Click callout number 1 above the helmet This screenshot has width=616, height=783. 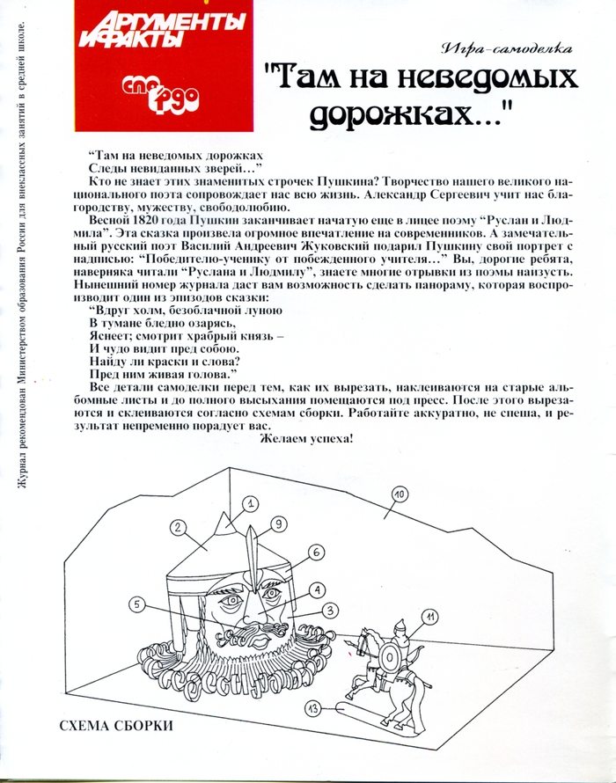click(251, 503)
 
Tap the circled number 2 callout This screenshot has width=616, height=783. click(178, 527)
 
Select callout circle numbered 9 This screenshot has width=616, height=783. click(278, 523)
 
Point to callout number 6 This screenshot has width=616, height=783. click(316, 552)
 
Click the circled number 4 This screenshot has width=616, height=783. click(317, 589)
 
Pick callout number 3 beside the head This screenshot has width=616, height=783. click(330, 610)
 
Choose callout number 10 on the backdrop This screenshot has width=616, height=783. click(400, 494)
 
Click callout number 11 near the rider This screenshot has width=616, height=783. click(429, 618)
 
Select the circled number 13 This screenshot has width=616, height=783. click(313, 708)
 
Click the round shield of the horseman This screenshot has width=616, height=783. click(389, 658)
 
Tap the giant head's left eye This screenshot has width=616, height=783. click(231, 599)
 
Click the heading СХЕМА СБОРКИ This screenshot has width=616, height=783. click(116, 726)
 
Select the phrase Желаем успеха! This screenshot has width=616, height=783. click(306, 439)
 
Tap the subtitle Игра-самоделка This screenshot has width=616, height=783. click(506, 48)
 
